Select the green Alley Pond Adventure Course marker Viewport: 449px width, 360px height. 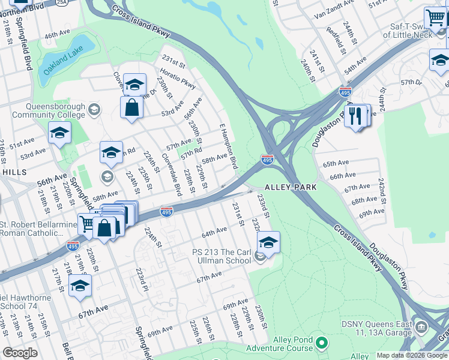point(322,343)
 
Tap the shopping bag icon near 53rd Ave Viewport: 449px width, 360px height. point(131,108)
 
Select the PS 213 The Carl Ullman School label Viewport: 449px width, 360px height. point(221,256)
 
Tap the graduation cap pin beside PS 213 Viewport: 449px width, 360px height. point(268,242)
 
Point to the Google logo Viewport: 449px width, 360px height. point(20,353)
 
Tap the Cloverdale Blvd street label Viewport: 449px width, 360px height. point(172,174)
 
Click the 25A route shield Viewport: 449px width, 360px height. point(78,2)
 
